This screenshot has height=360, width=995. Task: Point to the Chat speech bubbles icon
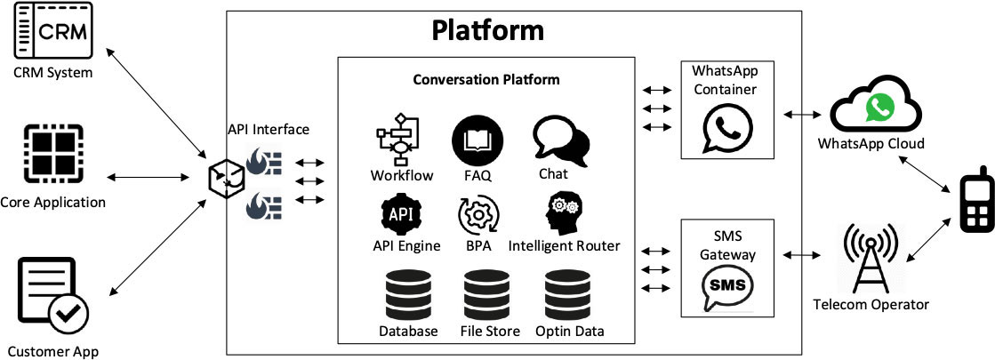pyautogui.click(x=560, y=140)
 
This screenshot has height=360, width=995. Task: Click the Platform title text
pyautogui.click(x=487, y=29)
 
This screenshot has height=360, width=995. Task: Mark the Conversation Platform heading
pyautogui.click(x=486, y=79)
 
